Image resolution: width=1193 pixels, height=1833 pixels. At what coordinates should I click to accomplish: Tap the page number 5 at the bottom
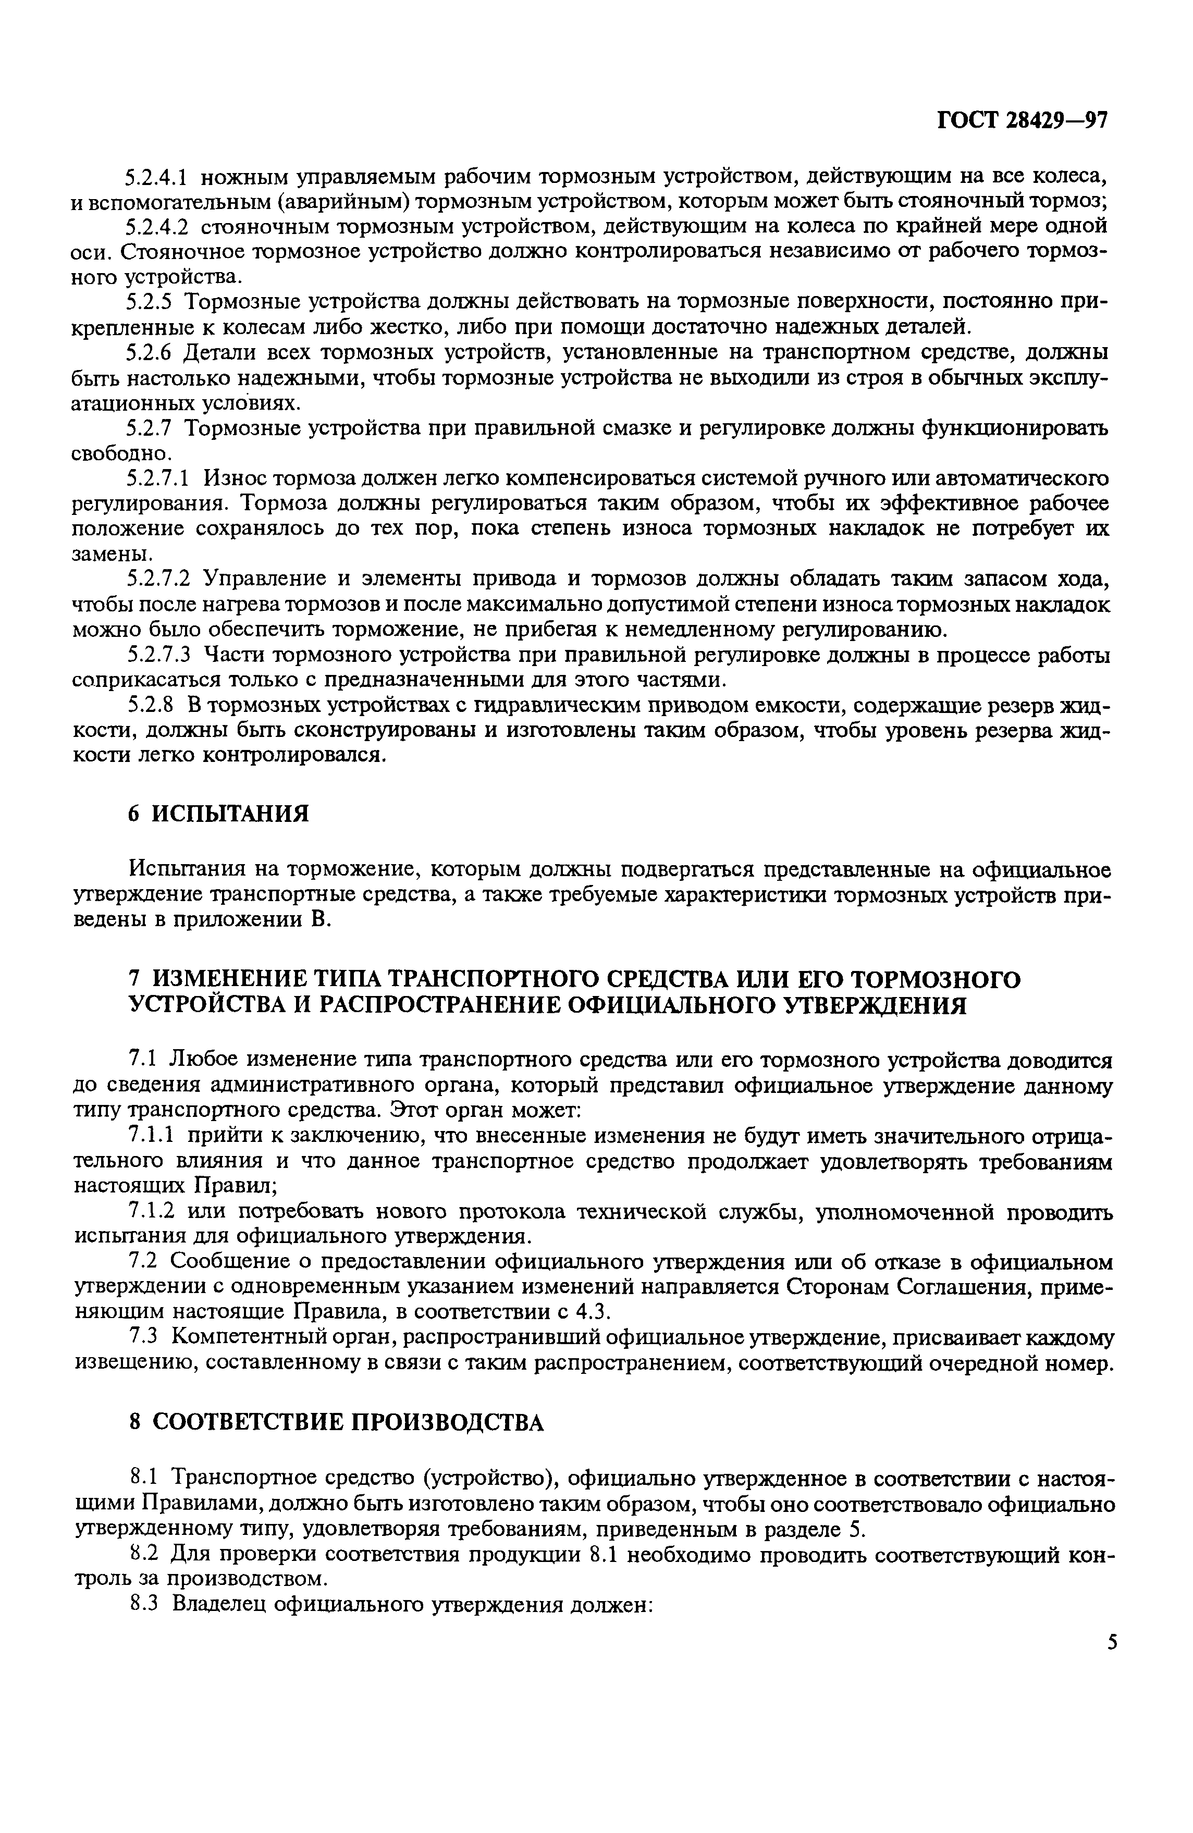point(1111,1642)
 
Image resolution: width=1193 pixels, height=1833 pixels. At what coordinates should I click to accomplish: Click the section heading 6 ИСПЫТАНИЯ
point(218,813)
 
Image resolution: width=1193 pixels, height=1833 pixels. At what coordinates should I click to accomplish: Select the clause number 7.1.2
point(150,1211)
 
